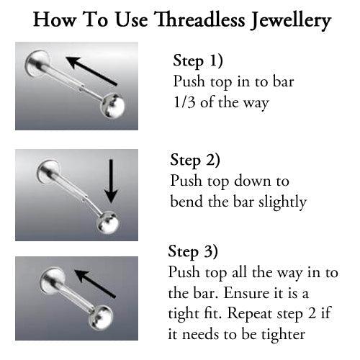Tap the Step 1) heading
click(x=198, y=60)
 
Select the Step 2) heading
click(x=195, y=159)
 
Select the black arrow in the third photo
click(x=95, y=284)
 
